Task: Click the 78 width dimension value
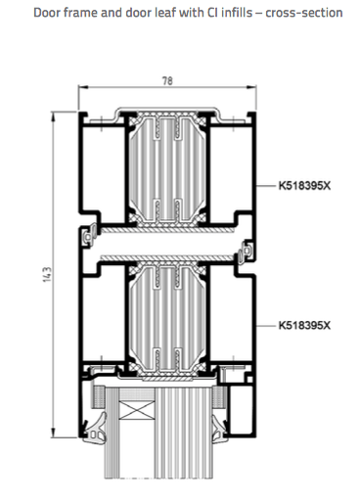167,81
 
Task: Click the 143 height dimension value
47,275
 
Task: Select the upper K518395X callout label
304,186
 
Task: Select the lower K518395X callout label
304,325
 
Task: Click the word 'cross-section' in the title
304,13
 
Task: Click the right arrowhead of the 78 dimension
251,87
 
